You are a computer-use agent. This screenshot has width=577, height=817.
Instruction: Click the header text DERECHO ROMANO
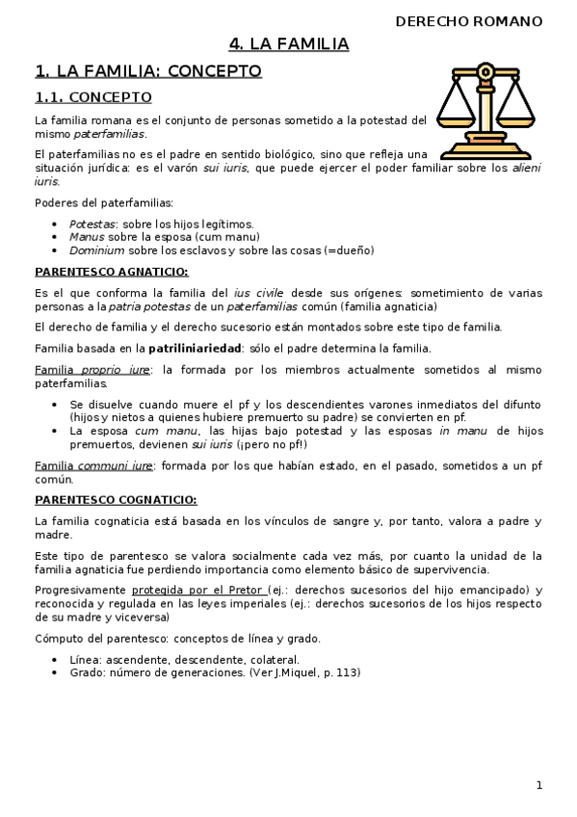click(468, 21)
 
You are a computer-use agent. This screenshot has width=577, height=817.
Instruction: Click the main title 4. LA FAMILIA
click(288, 44)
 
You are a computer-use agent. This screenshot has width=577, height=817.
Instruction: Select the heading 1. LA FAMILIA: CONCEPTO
click(147, 70)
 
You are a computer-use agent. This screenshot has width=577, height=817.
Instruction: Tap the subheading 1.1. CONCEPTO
click(92, 97)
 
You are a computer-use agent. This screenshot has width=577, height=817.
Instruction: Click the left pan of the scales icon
click(458, 107)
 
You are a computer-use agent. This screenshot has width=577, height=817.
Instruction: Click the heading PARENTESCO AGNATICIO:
click(112, 272)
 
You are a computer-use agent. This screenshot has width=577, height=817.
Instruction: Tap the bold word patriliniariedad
click(196, 348)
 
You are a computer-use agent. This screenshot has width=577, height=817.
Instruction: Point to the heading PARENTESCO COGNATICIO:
click(116, 499)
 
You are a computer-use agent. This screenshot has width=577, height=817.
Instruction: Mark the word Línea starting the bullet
click(86, 659)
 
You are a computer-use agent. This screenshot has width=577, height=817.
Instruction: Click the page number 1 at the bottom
click(539, 785)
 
